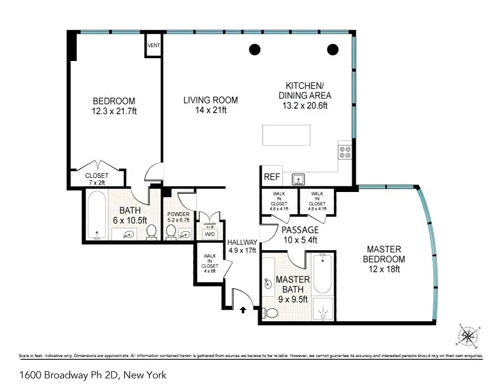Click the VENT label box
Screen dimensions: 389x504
coord(153,45)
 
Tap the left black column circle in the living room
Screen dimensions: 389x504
coord(255,49)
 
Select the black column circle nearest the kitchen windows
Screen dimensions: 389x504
coord(333,49)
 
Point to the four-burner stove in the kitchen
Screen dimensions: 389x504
coord(345,152)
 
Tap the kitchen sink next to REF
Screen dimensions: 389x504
coord(299,179)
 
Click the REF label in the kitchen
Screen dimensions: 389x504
coord(271,176)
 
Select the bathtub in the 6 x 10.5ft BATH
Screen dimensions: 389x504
coord(98,215)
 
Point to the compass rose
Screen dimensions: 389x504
coord(468,336)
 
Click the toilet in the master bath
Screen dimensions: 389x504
coord(270,315)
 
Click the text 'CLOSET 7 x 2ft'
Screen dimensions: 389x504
coord(96,179)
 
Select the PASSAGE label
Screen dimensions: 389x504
coord(300,230)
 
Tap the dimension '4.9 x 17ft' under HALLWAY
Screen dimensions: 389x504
coord(241,250)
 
